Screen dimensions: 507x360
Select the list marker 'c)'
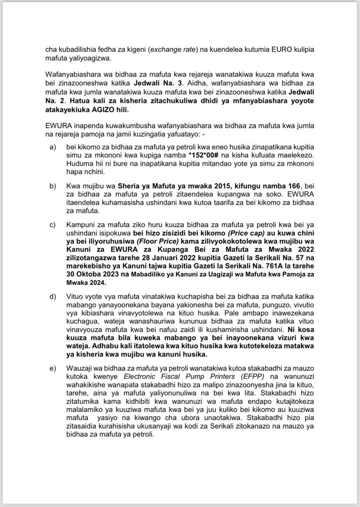point(53,223)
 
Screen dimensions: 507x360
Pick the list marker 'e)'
point(53,367)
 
